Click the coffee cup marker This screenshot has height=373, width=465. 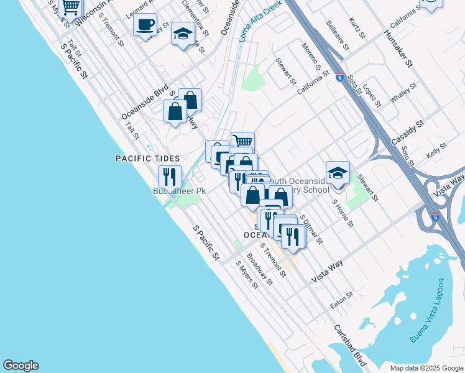pyautogui.click(x=145, y=25)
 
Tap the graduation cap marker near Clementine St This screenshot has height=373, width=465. pyautogui.click(x=183, y=35)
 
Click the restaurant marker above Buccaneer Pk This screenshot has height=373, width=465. pyautogui.click(x=170, y=177)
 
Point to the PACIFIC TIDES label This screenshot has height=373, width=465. pyautogui.click(x=148, y=159)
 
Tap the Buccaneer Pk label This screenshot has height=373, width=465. pyautogui.click(x=180, y=191)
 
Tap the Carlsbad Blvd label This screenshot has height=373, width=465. pyautogui.click(x=349, y=345)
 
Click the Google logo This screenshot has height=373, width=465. pyautogui.click(x=21, y=366)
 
